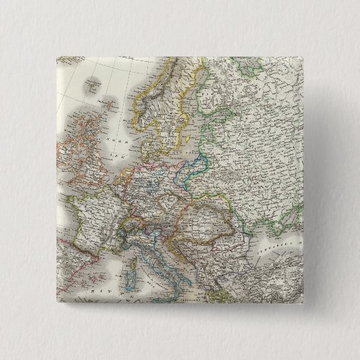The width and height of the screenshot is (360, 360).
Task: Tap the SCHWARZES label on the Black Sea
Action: click(277, 246)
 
